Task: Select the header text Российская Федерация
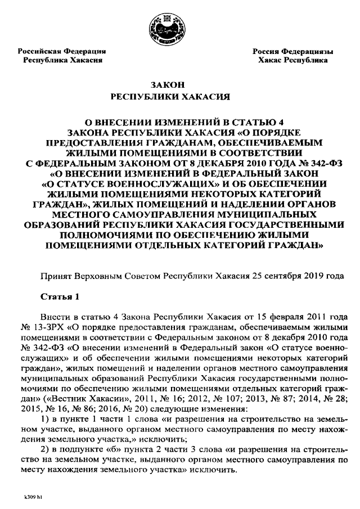[62, 51]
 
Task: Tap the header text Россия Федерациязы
[292, 51]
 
